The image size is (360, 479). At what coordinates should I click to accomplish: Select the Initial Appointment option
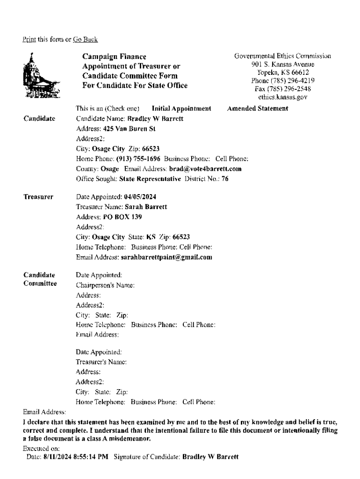[181, 109]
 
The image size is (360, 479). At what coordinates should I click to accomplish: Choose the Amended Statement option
[258, 109]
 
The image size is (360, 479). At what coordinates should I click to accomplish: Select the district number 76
[225, 179]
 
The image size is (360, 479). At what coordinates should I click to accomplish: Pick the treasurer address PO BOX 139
[122, 217]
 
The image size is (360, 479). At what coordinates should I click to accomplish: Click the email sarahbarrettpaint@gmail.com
[166, 257]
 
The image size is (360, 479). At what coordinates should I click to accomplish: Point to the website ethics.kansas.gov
[283, 97]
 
